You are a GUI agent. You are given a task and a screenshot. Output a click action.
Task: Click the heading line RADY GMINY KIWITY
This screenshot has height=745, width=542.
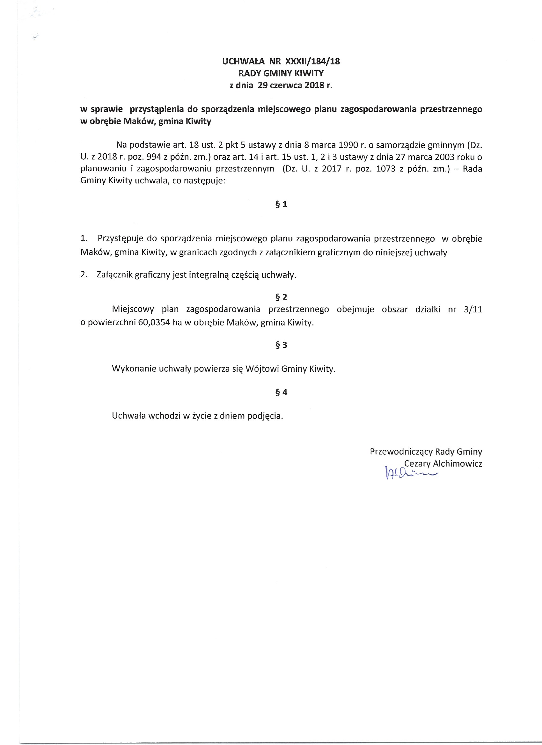(x=281, y=73)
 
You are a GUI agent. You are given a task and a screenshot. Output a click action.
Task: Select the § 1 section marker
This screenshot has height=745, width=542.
(x=281, y=204)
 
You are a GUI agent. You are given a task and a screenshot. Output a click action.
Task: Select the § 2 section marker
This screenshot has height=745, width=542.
(x=281, y=297)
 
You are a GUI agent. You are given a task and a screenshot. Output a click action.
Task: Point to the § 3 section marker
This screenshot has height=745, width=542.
(x=281, y=345)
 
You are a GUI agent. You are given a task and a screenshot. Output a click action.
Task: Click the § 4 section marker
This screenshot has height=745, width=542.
(x=281, y=392)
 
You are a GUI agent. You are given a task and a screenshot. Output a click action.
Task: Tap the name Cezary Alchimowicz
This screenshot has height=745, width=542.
(x=443, y=464)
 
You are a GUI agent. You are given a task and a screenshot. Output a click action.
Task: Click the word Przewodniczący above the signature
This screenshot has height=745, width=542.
(x=401, y=451)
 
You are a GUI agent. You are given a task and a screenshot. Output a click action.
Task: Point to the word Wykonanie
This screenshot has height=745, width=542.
(x=134, y=369)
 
